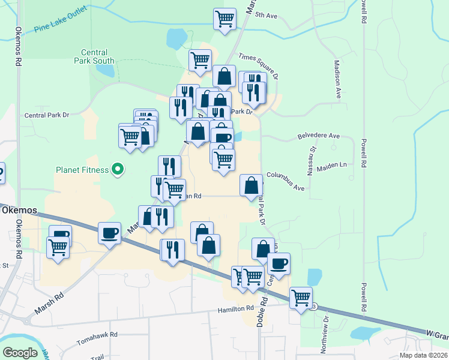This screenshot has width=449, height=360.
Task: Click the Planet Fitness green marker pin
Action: (118, 170)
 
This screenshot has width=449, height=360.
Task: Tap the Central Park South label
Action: (94, 56)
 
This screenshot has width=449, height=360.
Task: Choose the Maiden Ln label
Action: (336, 164)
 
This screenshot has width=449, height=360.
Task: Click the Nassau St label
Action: (312, 160)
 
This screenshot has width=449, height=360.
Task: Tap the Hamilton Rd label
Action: (236, 308)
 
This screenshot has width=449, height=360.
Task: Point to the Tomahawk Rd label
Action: (97, 338)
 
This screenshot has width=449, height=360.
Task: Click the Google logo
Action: (20, 353)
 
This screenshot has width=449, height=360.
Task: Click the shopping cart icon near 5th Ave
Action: (224, 18)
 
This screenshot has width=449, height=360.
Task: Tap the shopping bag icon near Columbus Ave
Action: (251, 185)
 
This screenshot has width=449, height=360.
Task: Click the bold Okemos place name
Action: (19, 211)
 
